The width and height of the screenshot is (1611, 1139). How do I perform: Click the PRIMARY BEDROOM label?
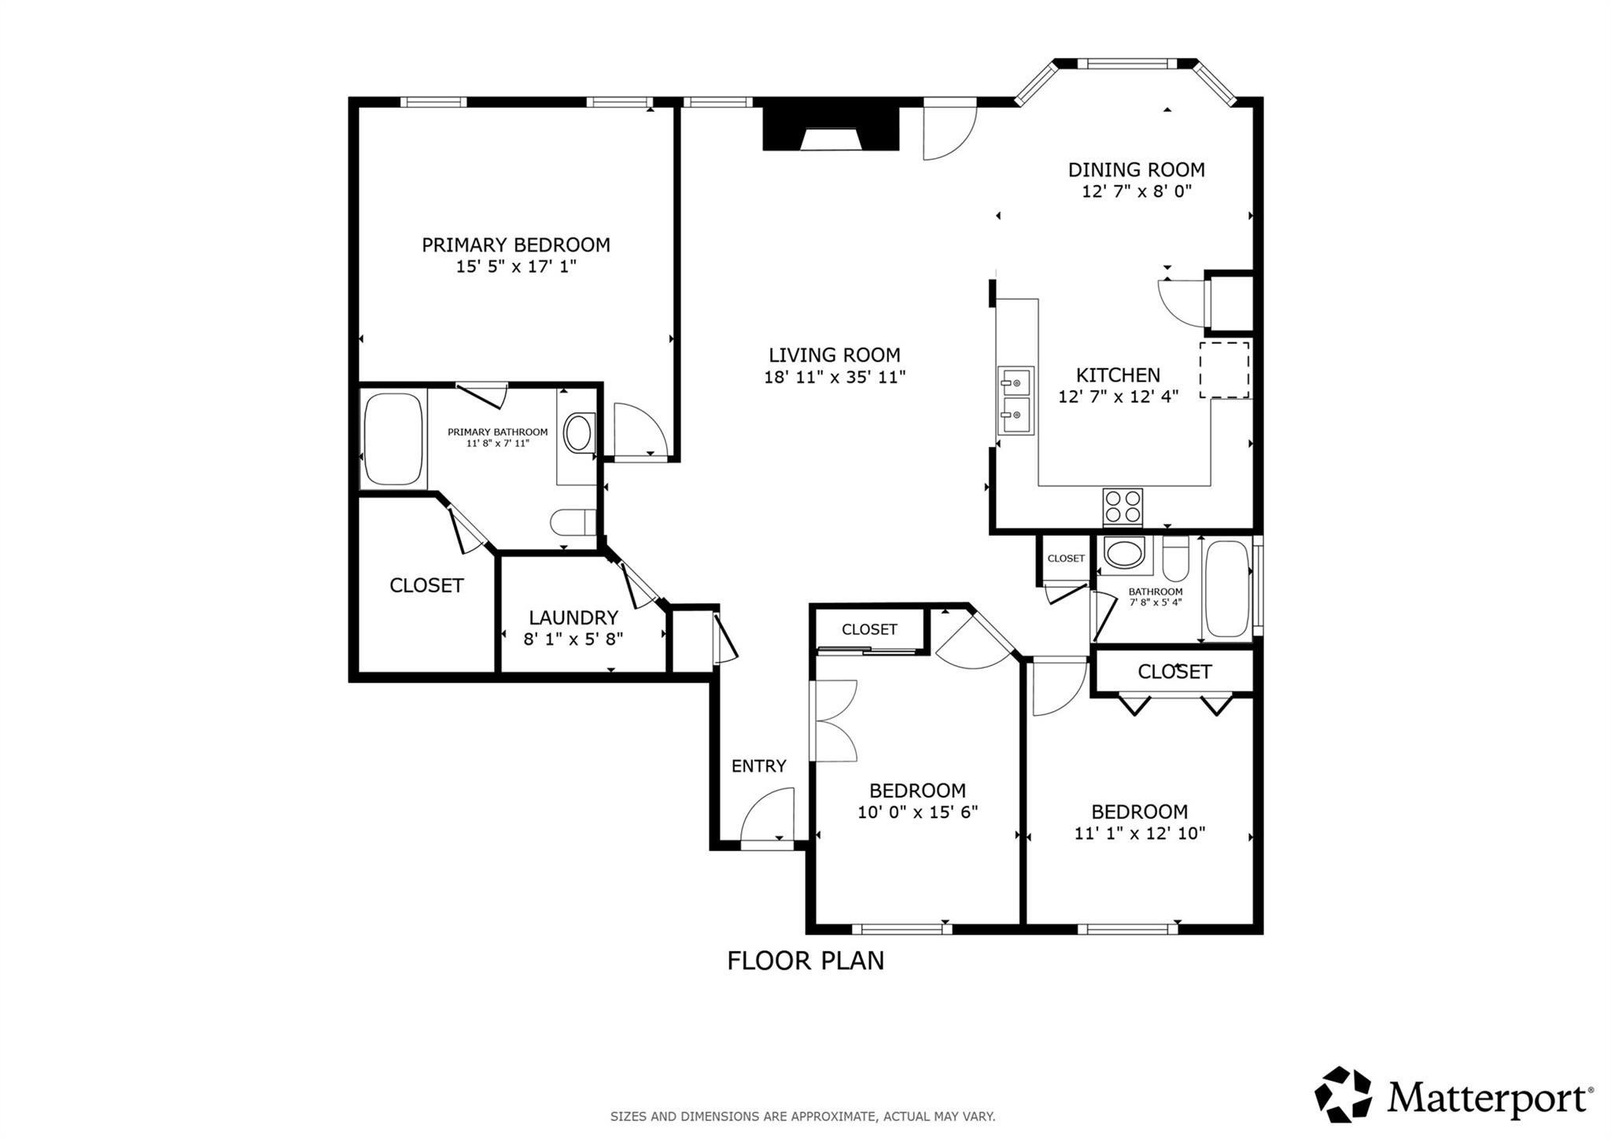515,245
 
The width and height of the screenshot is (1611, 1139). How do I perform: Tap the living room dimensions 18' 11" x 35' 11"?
835,377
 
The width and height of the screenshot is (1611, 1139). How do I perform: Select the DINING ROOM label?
1136,170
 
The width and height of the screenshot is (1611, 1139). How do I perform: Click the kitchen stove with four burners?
1123,507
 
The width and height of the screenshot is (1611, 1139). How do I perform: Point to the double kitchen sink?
1016,400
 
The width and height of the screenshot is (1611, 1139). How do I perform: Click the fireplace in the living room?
830,130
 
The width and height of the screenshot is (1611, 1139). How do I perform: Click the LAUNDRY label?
573,617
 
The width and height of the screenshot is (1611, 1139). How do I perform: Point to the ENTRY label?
758,766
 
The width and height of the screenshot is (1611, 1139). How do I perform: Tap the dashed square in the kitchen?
1224,370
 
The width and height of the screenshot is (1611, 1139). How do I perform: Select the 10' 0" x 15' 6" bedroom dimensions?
917,812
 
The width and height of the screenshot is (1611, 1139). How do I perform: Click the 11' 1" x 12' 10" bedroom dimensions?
1139,833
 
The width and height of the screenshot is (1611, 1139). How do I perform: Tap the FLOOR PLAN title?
805,960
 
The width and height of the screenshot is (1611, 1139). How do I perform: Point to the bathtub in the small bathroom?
1226,588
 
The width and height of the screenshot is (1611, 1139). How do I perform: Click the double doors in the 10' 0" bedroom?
834,721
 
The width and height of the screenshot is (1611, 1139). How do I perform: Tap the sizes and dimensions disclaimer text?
802,1116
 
